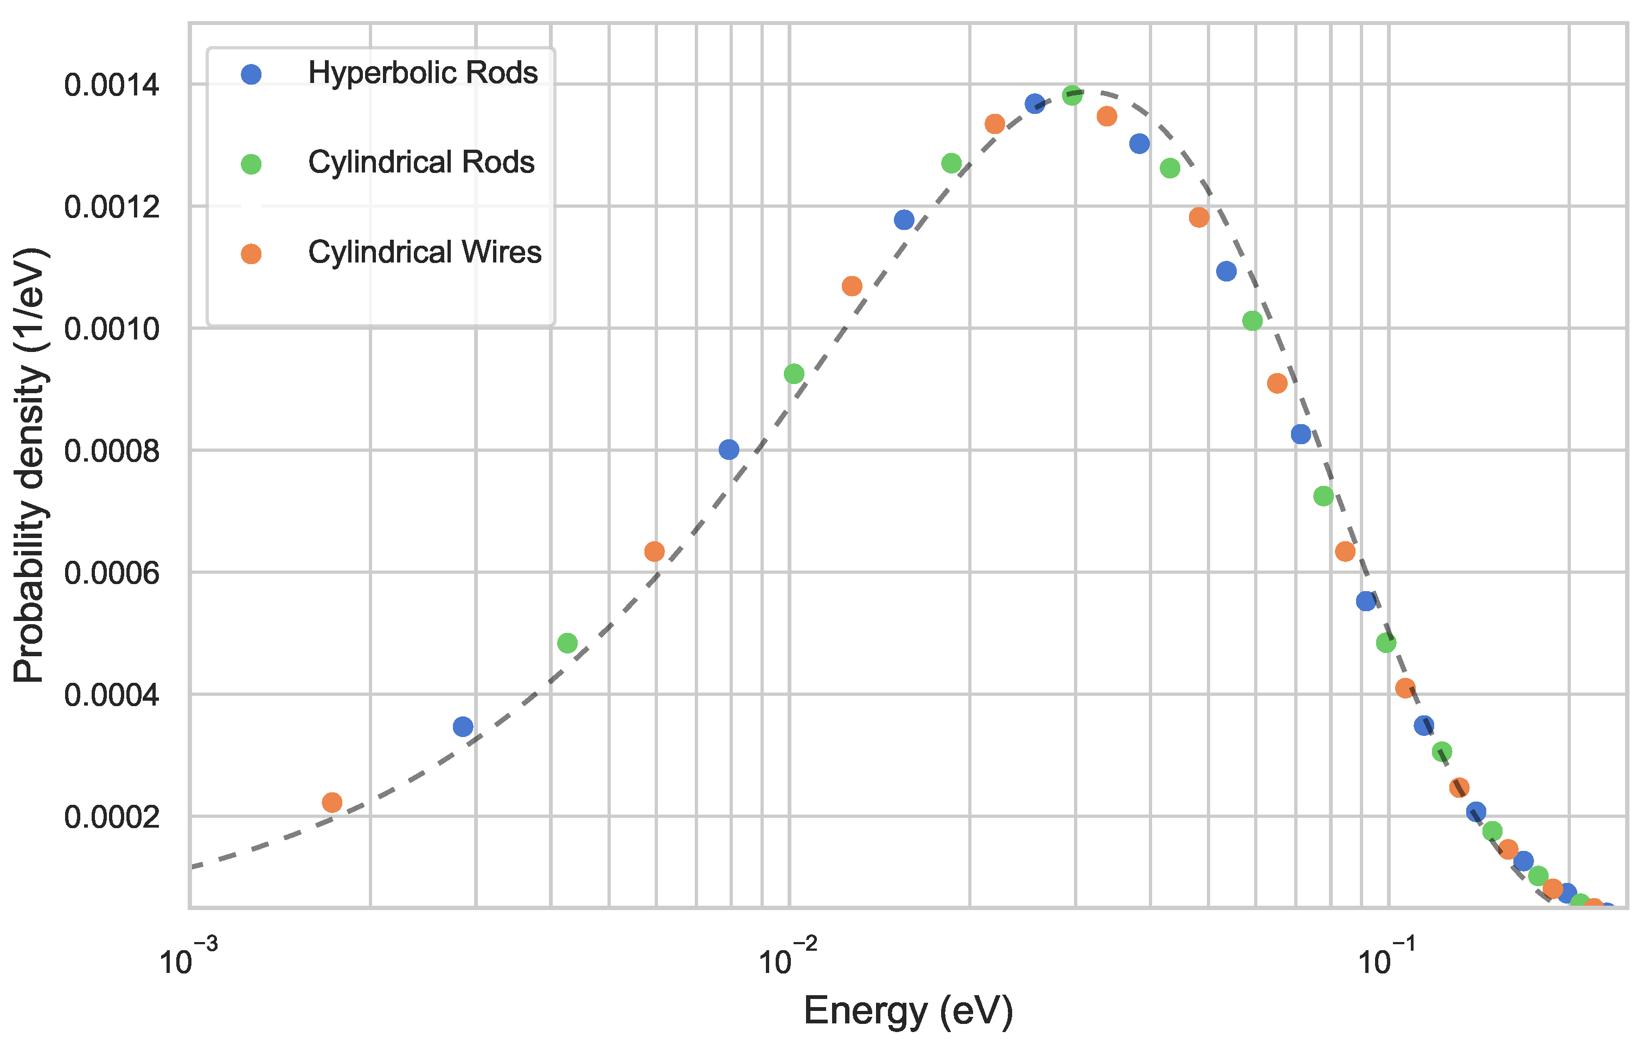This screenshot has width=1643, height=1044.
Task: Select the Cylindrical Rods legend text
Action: point(421,162)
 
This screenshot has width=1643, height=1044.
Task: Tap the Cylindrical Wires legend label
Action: point(424,253)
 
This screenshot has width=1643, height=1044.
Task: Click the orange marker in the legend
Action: point(251,254)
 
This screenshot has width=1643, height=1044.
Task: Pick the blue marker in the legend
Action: point(251,74)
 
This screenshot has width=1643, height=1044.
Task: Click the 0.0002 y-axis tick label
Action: point(111,817)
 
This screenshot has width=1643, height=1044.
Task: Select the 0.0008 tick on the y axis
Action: point(111,451)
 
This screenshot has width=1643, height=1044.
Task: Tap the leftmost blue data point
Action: point(463,727)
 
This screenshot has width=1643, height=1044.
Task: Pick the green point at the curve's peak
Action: point(1072,95)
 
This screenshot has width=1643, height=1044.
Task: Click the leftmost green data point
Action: point(567,643)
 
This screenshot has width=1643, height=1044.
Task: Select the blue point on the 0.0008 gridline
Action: point(728,450)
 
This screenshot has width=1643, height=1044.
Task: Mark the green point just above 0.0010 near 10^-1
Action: point(1252,321)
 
